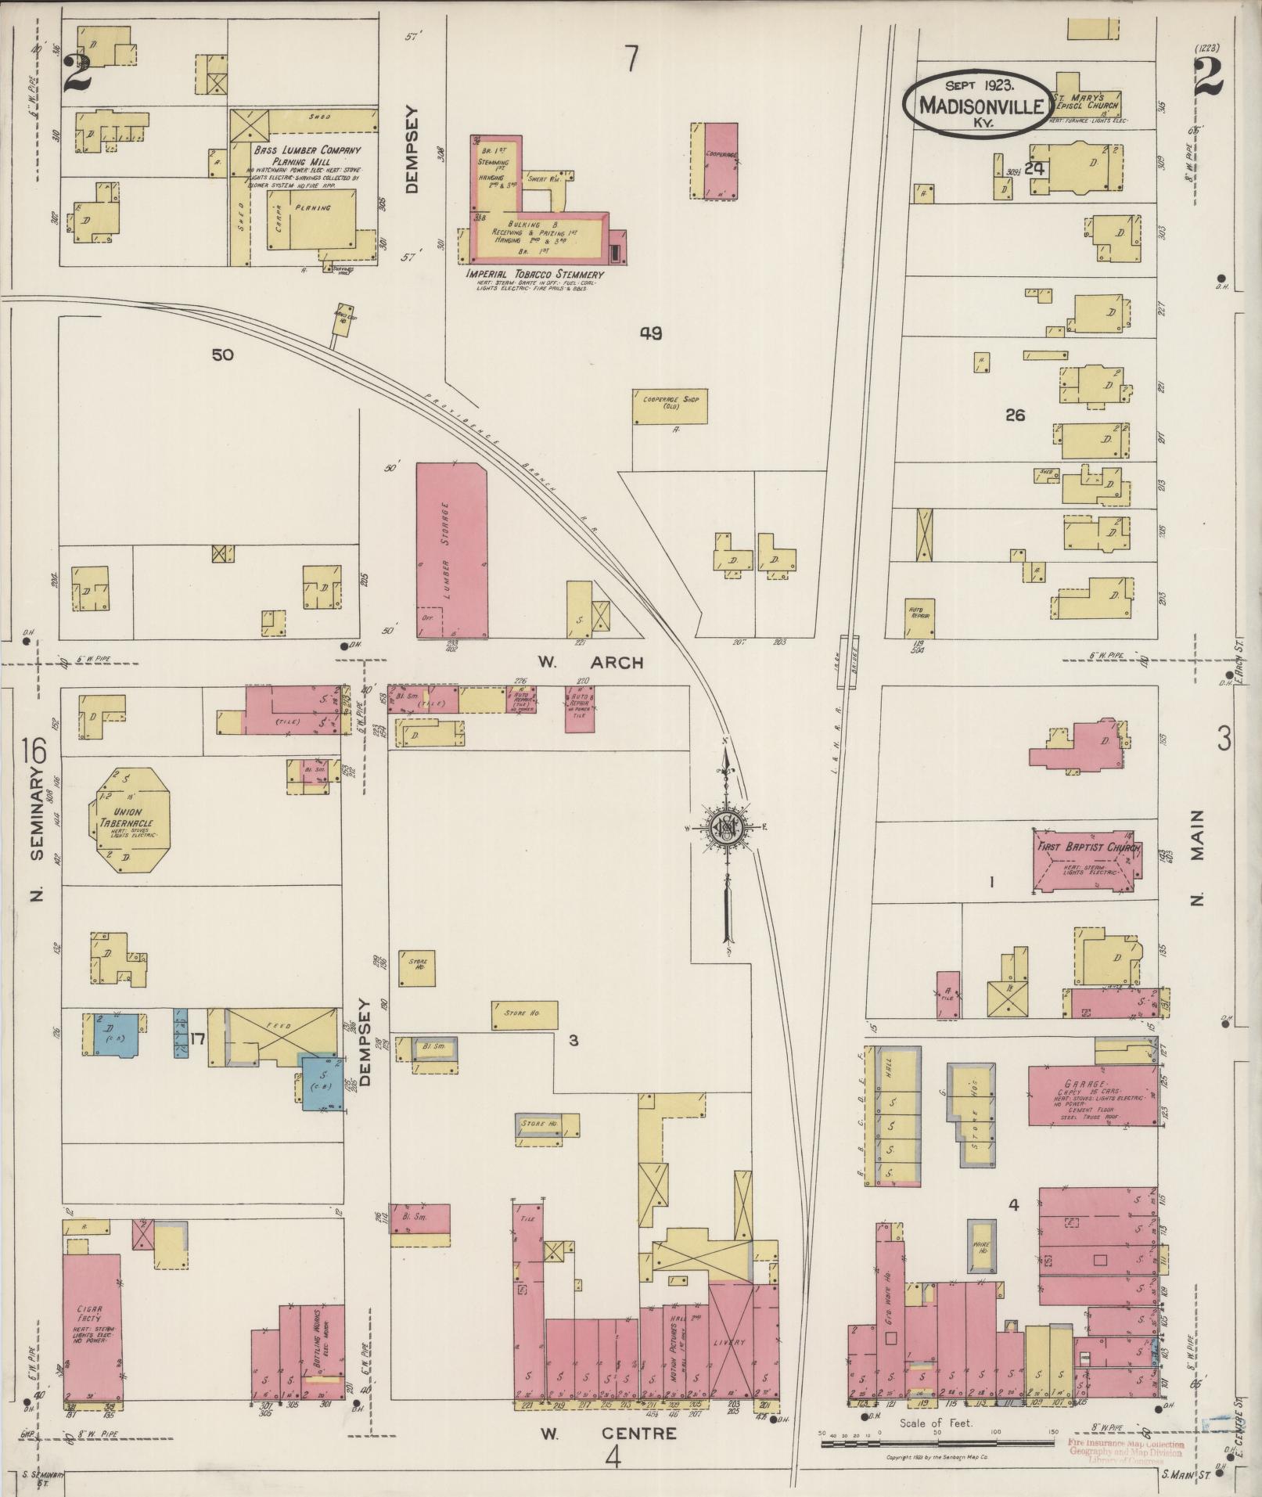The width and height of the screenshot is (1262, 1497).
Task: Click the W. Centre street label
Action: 607,1434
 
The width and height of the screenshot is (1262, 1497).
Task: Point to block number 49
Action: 650,333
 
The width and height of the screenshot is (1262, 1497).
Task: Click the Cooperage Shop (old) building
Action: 670,407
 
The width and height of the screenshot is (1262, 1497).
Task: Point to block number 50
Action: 222,354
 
